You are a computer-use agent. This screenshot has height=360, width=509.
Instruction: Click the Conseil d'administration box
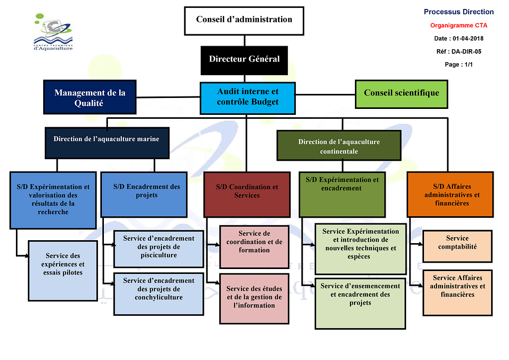244,20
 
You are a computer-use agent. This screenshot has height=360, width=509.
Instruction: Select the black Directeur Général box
244,59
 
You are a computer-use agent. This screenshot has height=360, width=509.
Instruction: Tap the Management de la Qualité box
90,97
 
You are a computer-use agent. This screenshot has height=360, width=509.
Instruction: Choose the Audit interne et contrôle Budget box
248,97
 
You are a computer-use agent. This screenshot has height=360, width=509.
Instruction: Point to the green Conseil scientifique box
402,93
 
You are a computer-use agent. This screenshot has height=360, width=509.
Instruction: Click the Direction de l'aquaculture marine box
106,139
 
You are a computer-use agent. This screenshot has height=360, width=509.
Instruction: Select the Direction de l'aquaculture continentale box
339,146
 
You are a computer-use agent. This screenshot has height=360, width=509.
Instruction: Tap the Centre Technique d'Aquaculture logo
53,32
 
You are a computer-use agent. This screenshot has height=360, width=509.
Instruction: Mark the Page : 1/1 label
459,64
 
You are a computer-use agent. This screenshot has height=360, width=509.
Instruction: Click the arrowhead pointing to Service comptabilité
421,245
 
